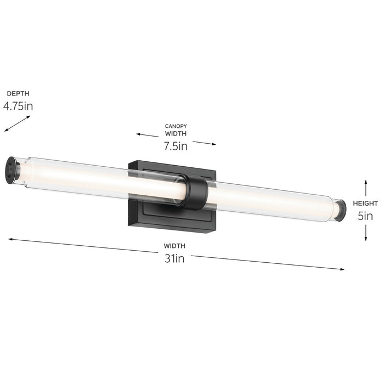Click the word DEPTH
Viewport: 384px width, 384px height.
18,94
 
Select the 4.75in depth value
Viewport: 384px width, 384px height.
18,106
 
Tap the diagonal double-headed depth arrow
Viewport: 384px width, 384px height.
17,123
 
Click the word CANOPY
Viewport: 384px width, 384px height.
176,126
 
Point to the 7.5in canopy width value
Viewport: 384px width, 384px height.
176,146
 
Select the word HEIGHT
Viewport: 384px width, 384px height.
365,204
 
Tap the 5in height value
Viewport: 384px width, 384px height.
365,216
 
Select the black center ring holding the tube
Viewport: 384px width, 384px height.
195,193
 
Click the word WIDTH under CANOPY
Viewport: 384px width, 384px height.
176,133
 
